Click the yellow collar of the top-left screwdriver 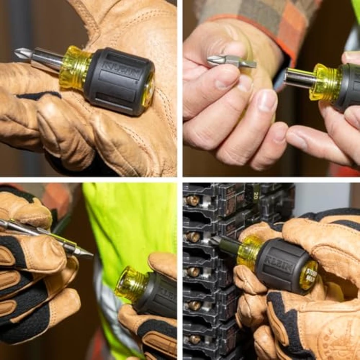click(x=74, y=67)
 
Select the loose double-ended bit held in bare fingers click(x=231, y=62)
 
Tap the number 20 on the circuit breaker click(x=255, y=195)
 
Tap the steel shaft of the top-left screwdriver click(x=46, y=58)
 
